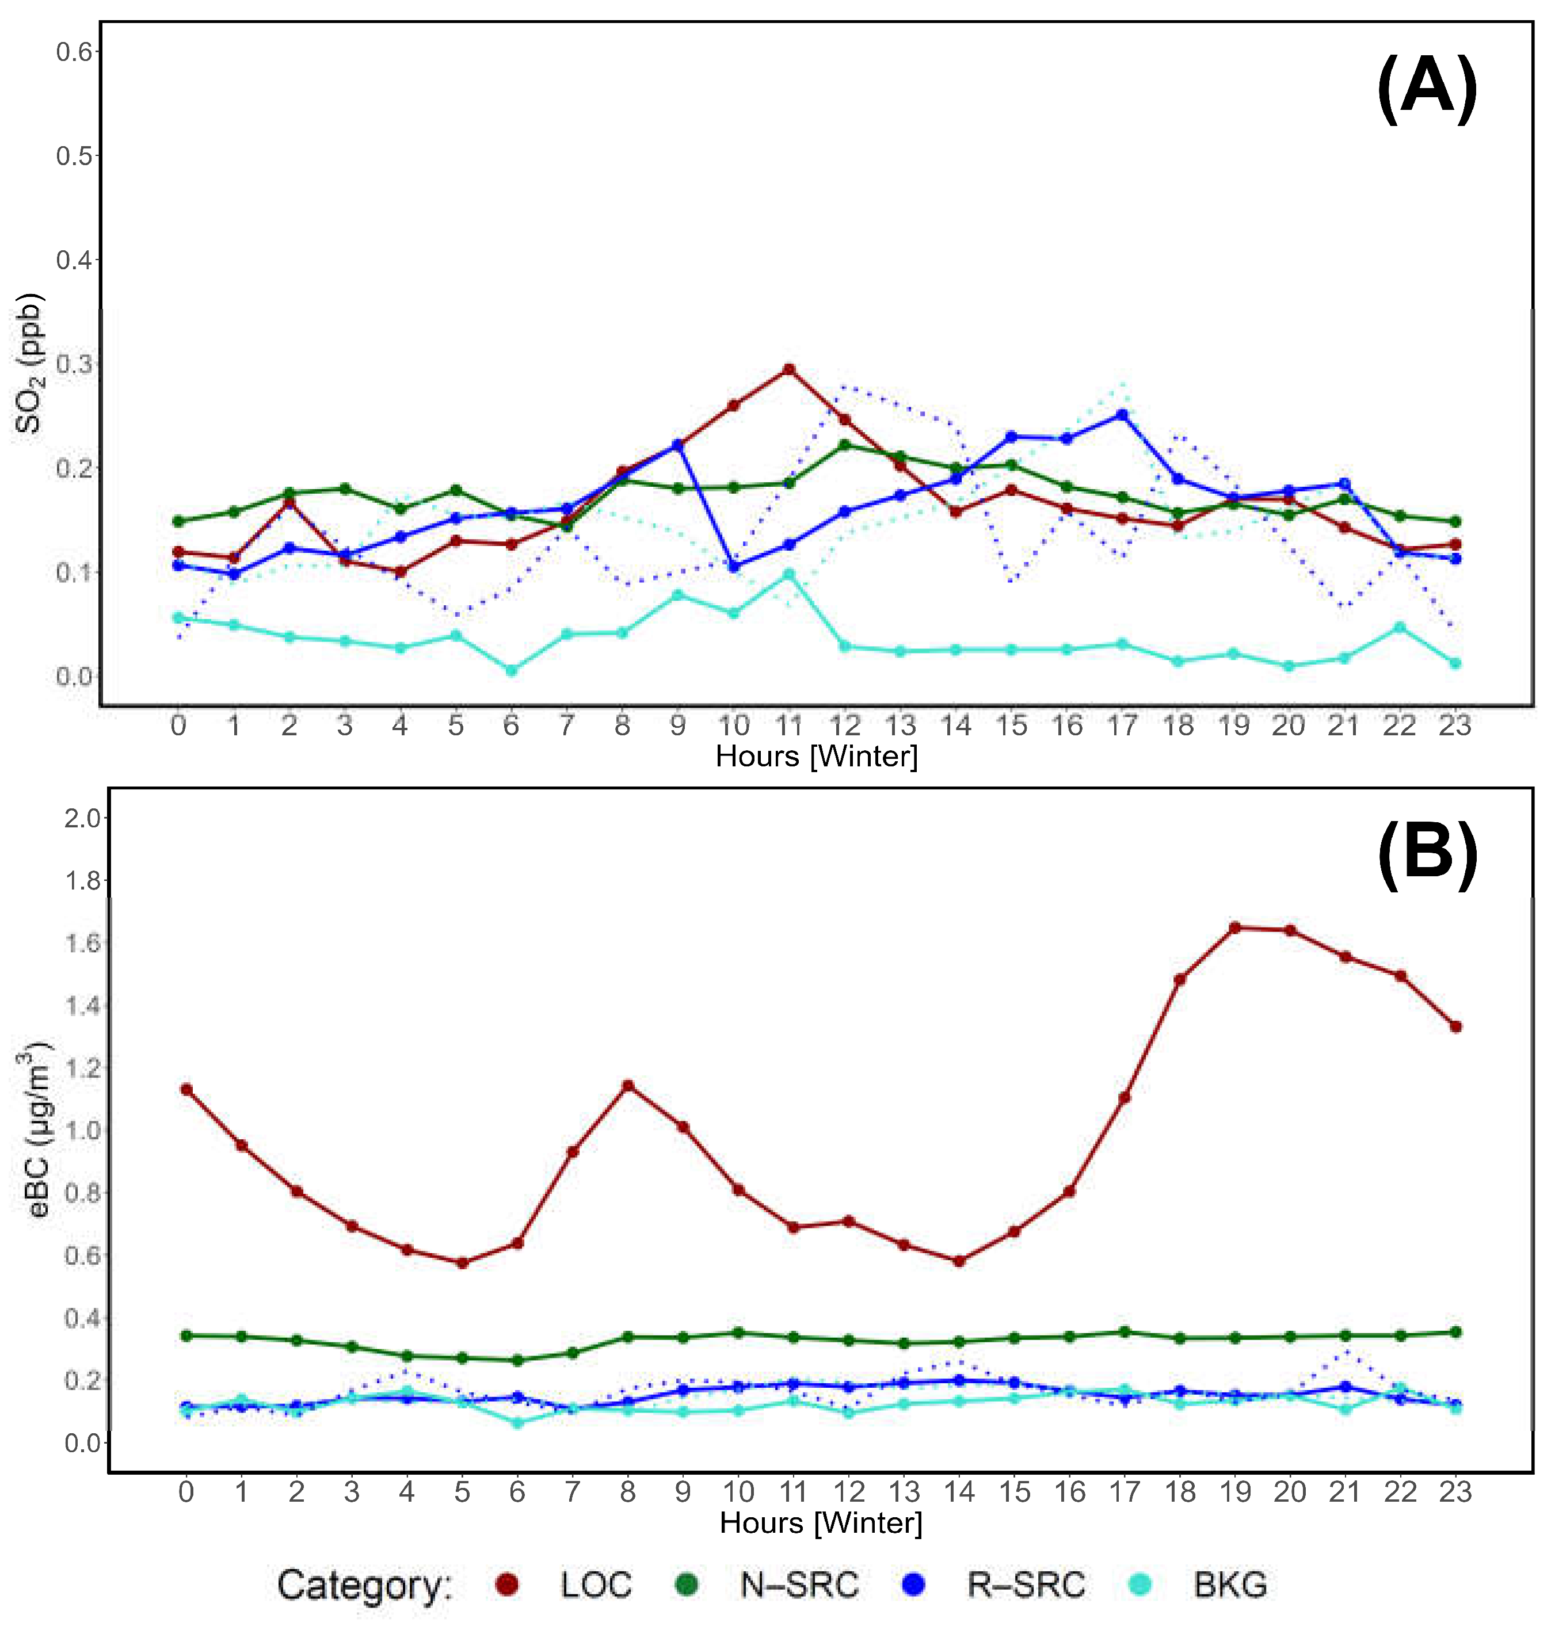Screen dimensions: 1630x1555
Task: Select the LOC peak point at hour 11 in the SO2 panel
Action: pos(789,369)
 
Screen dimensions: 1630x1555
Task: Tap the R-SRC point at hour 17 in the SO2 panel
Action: pos(1122,414)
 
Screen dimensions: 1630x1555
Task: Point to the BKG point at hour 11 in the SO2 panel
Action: pos(789,574)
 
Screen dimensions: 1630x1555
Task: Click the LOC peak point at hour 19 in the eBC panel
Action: pos(1235,927)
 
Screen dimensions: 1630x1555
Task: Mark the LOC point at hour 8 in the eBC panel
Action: pos(627,1085)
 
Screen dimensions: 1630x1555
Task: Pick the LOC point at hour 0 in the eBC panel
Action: pos(186,1089)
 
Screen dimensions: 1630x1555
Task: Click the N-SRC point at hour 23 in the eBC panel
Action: pos(1455,1332)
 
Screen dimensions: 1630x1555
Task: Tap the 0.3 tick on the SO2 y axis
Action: pos(75,364)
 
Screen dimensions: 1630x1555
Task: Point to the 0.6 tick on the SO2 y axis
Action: pos(75,51)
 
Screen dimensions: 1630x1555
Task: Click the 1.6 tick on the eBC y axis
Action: pos(83,943)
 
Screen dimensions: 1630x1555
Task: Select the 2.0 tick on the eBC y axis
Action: pos(83,818)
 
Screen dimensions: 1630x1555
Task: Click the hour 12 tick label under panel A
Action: pos(845,726)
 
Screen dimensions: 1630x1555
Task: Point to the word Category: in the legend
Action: pos(365,1585)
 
